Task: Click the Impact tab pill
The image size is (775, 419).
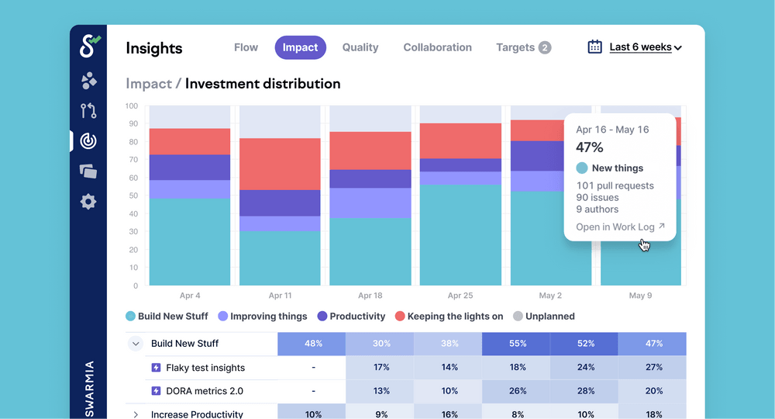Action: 300,47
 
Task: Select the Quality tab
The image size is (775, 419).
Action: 360,47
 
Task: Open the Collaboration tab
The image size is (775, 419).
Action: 437,47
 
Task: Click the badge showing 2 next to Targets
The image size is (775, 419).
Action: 545,48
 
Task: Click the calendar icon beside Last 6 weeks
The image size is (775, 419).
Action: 594,47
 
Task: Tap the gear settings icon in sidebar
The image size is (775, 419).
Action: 88,202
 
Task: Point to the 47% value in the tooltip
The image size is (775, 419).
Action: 590,147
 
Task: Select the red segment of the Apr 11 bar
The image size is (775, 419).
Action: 280,164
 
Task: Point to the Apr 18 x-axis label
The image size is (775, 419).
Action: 370,296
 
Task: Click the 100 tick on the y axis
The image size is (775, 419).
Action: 131,106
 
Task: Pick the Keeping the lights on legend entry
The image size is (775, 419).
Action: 449,317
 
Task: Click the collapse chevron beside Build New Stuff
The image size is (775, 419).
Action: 136,344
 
